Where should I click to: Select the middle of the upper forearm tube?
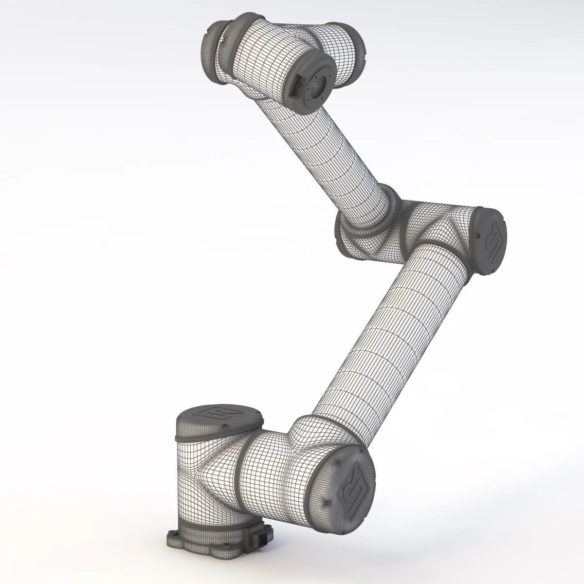point(321,146)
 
